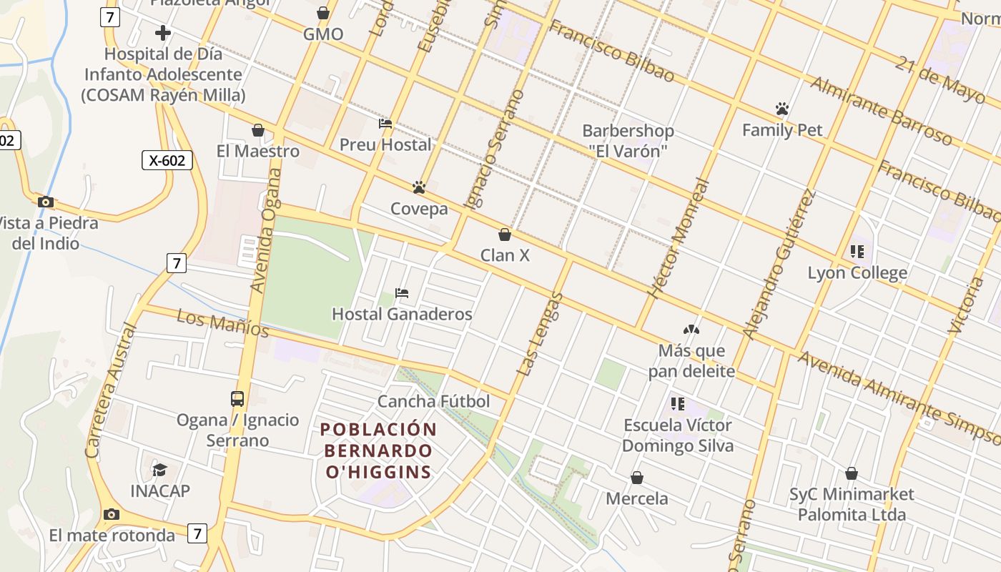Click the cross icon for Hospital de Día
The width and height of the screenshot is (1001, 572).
coord(163,33)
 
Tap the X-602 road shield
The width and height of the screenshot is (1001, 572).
coord(167,160)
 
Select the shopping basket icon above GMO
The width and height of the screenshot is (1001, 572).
coord(323,13)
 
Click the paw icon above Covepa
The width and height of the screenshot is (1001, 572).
coord(419,187)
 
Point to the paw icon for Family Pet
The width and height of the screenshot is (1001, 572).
coord(782,109)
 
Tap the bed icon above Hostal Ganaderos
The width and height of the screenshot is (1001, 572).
coord(402,293)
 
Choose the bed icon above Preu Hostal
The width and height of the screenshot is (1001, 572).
coord(385,124)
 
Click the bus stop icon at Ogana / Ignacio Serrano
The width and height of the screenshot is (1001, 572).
coord(237,399)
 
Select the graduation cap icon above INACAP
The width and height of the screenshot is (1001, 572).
coord(159,470)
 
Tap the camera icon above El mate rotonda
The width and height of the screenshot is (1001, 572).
coord(111,514)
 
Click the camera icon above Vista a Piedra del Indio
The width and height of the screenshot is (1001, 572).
coord(46,202)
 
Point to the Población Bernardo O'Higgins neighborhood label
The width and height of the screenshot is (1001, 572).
coord(378,450)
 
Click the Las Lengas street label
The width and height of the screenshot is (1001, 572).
coord(540,335)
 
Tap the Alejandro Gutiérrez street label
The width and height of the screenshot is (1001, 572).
coord(779,264)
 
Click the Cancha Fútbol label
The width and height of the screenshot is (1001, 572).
coord(433,401)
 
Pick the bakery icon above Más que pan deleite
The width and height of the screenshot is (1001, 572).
coord(691,330)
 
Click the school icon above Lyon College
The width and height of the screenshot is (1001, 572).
coord(857,252)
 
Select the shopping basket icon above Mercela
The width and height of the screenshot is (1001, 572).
coord(637,478)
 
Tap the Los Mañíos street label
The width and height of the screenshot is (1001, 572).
coord(222,323)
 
